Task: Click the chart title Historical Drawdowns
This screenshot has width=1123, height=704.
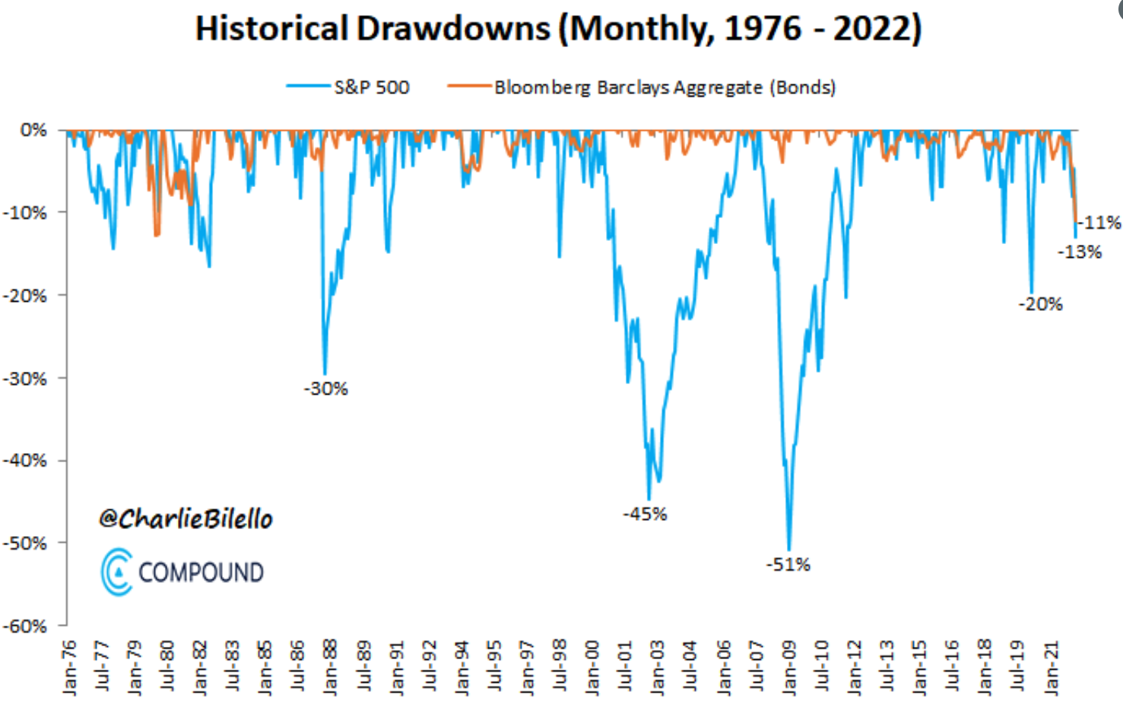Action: [x=558, y=29]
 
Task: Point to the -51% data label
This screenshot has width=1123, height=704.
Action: [x=788, y=565]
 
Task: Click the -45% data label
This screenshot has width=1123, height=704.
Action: [x=645, y=515]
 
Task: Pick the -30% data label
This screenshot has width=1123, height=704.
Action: [x=325, y=389]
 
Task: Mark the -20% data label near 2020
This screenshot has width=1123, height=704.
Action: [x=1040, y=304]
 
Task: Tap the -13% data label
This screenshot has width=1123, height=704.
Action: [x=1080, y=252]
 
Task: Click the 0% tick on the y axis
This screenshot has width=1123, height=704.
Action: [x=33, y=130]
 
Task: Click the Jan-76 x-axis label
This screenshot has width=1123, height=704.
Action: [x=70, y=668]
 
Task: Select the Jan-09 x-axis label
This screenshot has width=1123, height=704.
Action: [x=789, y=668]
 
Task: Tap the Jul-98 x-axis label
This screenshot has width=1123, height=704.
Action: [x=560, y=668]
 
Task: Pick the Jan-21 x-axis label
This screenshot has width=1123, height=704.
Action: [x=1051, y=668]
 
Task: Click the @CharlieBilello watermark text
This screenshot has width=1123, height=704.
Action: [x=186, y=519]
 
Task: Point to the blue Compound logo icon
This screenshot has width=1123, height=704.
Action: [x=116, y=572]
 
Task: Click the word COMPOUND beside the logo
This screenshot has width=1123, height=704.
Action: [x=201, y=572]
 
